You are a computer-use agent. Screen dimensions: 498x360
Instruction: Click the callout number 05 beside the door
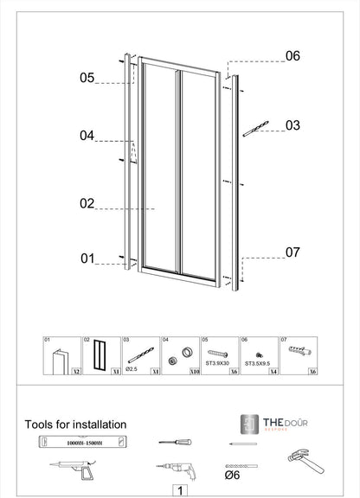click(87, 78)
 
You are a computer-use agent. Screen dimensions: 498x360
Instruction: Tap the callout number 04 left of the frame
click(87, 136)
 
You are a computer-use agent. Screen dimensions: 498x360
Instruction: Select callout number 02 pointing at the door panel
click(87, 204)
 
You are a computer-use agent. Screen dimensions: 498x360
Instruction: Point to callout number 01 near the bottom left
click(87, 258)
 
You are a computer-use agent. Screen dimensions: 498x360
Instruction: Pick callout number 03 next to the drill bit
click(292, 125)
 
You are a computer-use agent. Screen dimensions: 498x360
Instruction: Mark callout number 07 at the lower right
click(292, 252)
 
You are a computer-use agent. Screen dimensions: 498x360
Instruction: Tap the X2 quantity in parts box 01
click(75, 371)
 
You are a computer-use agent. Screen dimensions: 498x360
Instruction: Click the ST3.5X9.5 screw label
click(258, 364)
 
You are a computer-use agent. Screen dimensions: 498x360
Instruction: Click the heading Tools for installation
click(76, 425)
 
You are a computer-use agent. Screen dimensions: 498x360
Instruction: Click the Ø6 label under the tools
click(232, 475)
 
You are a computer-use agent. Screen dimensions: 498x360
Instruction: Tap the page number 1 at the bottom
click(179, 489)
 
